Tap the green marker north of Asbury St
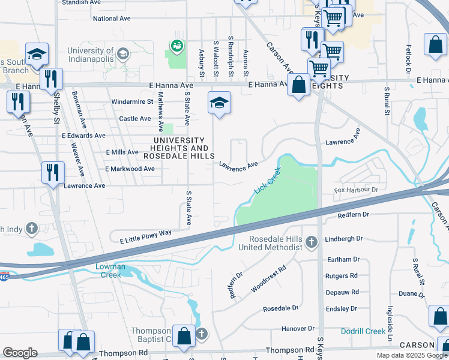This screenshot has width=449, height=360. tap(176, 45)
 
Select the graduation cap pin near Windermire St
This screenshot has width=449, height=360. tap(219, 103)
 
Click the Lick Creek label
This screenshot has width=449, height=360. tap(268, 179)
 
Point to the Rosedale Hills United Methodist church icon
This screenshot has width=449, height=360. tap(311, 242)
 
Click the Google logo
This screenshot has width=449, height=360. tap(20, 353)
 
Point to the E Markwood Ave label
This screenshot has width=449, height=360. tap(130, 169)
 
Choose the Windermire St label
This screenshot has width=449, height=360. tap(132, 102)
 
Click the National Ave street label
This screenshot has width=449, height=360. tap(112, 19)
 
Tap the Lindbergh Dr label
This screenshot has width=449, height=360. tap(344, 238)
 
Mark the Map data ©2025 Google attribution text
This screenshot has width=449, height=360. tap(411, 355)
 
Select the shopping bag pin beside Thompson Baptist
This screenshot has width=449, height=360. tap(184, 336)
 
